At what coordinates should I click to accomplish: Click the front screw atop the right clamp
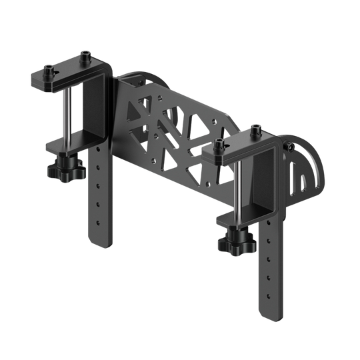(219, 146)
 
